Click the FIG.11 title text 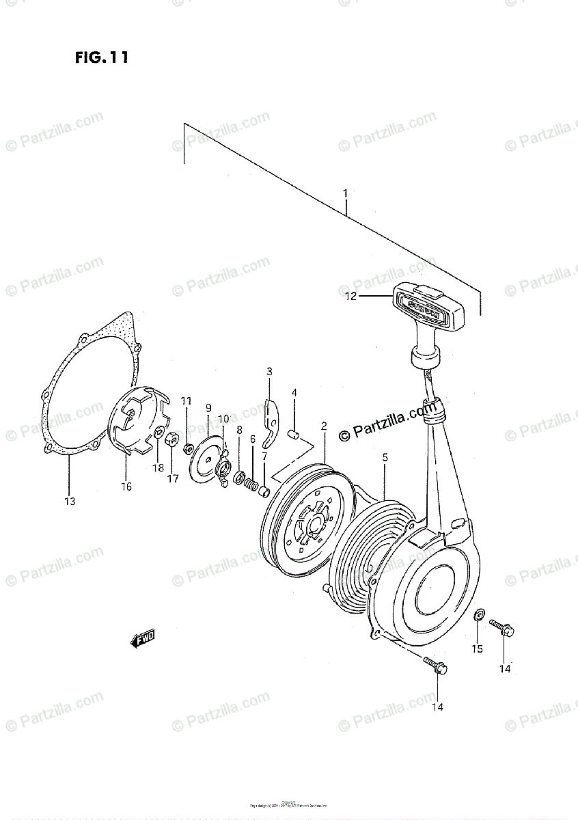click(102, 58)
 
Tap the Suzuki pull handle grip click(427, 307)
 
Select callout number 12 click(350, 297)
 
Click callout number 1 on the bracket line click(346, 193)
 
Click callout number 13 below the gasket click(70, 502)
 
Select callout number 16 click(126, 487)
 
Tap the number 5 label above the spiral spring click(385, 457)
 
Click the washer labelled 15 click(480, 619)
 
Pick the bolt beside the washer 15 click(502, 627)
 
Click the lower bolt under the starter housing click(435, 666)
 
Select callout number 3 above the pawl click(269, 372)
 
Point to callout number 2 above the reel click(324, 426)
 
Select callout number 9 click(208, 408)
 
